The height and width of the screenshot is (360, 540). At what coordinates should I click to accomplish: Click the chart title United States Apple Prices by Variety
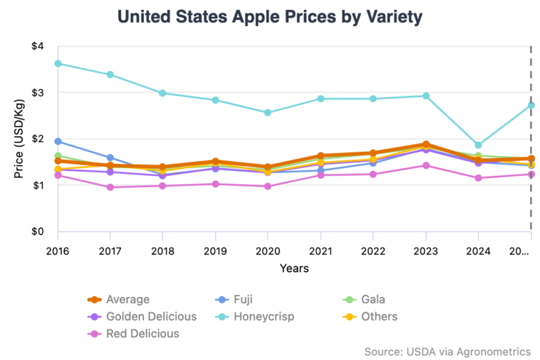[x=270, y=15]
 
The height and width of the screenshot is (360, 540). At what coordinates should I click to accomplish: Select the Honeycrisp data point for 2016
[x=58, y=63]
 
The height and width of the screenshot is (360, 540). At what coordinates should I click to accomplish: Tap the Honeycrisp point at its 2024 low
[x=478, y=146]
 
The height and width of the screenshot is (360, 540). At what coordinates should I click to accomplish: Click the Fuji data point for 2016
[x=58, y=141]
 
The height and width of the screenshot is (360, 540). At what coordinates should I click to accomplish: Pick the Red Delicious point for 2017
[x=110, y=187]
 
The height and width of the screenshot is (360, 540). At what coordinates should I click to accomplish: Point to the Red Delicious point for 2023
[x=425, y=165]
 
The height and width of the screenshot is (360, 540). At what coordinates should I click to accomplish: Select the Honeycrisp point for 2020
[x=268, y=112]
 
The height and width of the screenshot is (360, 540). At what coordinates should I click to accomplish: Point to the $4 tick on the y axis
[x=37, y=46]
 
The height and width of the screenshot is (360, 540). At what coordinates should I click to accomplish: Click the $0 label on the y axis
[x=37, y=232]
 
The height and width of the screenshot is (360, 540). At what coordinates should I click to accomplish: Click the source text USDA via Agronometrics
[x=447, y=351]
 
